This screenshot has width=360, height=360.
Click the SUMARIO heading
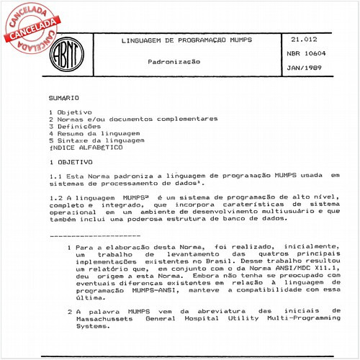click(x=64, y=96)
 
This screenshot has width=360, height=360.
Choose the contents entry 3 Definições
click(x=79, y=126)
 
